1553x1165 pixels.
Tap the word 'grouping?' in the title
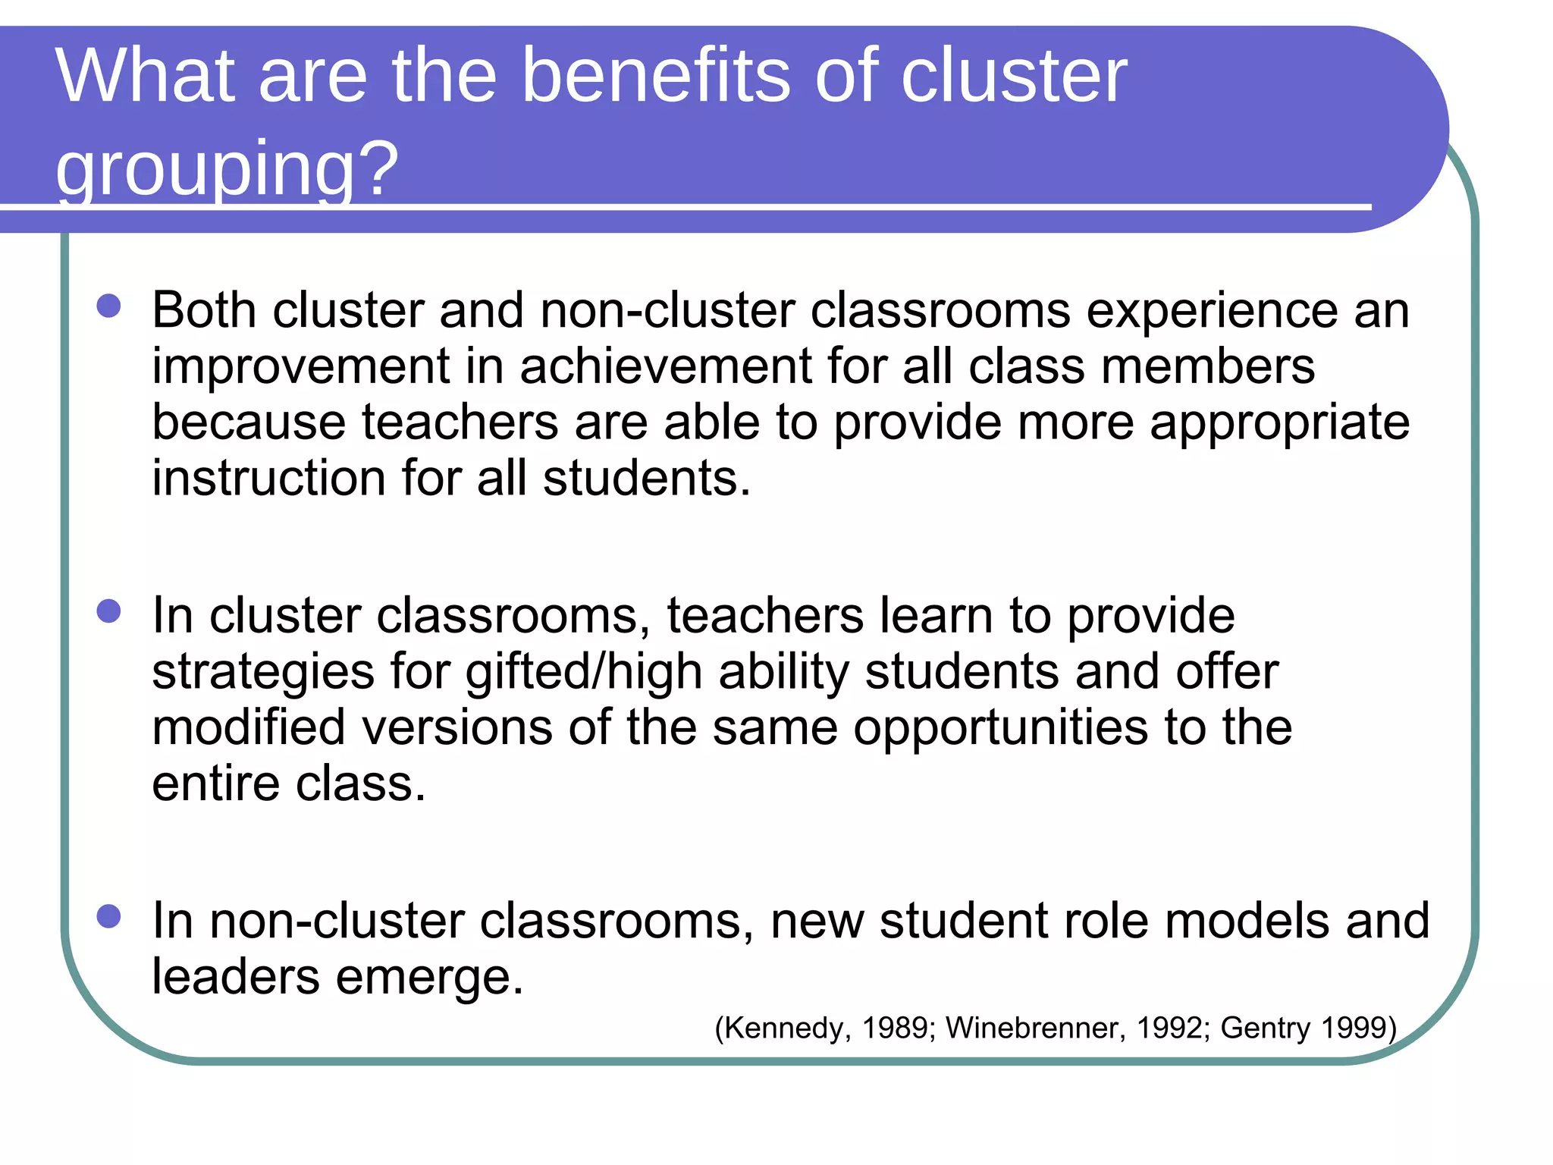point(227,168)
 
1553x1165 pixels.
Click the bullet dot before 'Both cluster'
point(109,306)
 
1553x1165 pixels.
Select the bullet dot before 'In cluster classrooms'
point(109,611)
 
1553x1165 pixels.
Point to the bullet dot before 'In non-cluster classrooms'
point(109,916)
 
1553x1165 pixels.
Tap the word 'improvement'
point(301,367)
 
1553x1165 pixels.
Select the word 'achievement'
point(665,366)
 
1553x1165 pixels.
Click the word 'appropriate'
point(1279,423)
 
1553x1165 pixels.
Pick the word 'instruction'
point(268,478)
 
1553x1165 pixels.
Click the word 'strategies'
point(263,673)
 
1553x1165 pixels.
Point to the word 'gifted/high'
point(583,673)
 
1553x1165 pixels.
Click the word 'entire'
point(216,783)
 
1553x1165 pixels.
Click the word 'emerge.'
point(429,978)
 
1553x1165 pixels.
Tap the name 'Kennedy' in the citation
point(784,1028)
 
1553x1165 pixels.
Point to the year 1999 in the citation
point(1354,1028)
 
